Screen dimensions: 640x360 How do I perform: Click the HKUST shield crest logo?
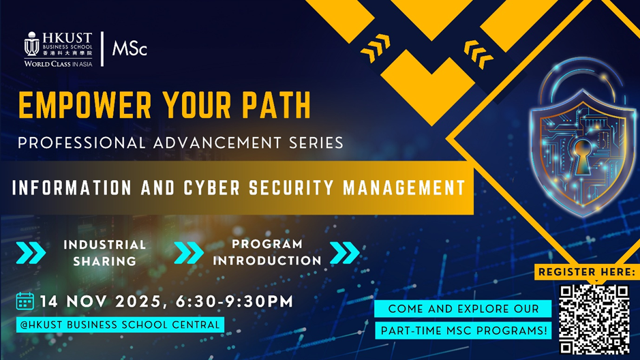coord(32,44)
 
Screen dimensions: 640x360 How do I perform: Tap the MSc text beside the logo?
coord(129,48)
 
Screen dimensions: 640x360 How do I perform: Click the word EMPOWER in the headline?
coord(85,105)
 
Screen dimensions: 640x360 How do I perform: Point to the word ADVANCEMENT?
coord(217,143)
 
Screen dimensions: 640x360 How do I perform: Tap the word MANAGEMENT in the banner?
coord(404,188)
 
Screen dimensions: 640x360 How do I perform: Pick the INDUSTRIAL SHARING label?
coord(105,253)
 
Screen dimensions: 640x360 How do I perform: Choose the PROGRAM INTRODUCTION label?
coord(267,252)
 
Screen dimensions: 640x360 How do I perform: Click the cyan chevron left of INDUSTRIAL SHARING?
coord(31,253)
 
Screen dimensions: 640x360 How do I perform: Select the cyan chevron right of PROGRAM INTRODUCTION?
coord(345,253)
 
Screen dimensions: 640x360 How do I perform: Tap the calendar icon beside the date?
coord(25,301)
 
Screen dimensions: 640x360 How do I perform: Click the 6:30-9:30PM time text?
coord(234,301)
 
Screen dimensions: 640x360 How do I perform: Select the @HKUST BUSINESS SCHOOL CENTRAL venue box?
coord(120,325)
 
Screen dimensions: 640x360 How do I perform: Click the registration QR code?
coord(594,319)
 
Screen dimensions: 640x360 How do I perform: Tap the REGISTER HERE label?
coord(587,272)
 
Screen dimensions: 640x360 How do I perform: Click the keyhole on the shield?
coord(582,156)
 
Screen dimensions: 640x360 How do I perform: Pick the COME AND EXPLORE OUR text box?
coord(463,309)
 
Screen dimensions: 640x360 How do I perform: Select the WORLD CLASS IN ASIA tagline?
coord(58,63)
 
